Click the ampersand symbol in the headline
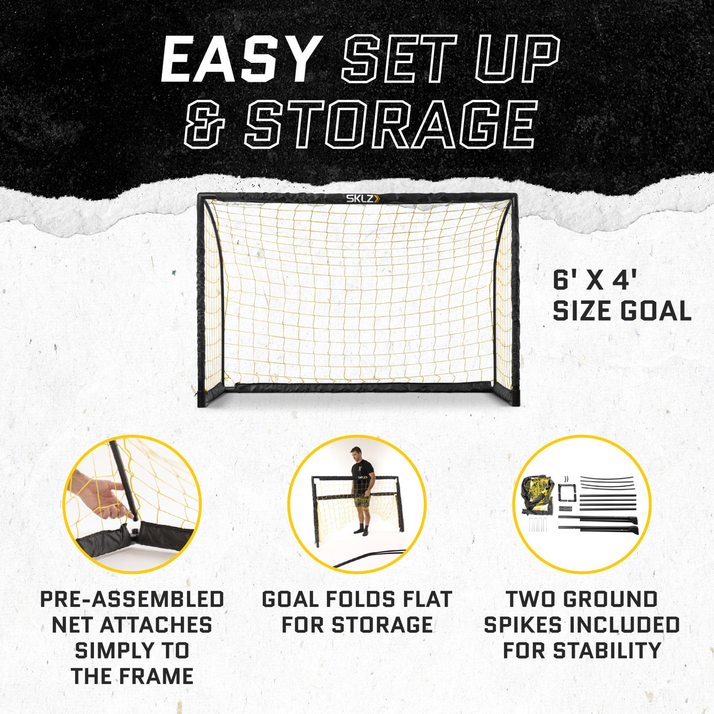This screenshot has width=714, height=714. coord(205,125)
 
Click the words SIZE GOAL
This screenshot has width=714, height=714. coord(622,311)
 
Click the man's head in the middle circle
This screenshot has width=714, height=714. coord(355,453)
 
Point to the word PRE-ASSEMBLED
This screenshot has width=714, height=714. coord(132,599)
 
